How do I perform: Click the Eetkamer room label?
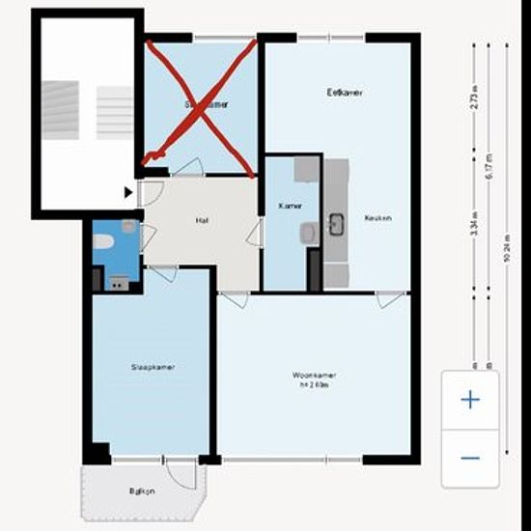coord(338,93)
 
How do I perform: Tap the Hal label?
coord(202,221)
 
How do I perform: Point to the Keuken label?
coord(377,218)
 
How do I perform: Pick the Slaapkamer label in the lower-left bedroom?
coord(153,367)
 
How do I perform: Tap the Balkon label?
coord(142,491)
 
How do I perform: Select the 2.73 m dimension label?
coord(475,100)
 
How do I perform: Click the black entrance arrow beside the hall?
coord(129,192)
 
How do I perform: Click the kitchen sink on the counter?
coord(336,224)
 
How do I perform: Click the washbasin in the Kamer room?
coord(306,232)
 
